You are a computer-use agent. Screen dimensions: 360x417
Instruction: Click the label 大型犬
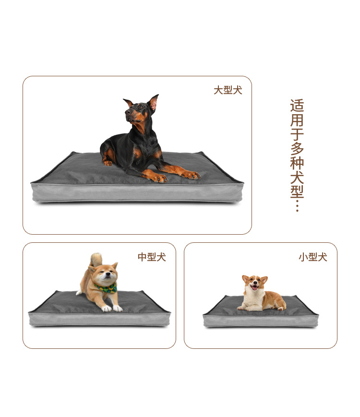tap(228, 90)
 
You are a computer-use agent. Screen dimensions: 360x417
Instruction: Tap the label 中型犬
tap(152, 257)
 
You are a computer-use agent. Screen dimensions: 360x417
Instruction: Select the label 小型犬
tap(312, 257)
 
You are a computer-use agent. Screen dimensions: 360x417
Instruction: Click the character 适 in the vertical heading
tap(297, 106)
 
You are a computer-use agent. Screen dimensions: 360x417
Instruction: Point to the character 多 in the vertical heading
tap(297, 148)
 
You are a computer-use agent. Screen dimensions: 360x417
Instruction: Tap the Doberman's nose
tap(127, 112)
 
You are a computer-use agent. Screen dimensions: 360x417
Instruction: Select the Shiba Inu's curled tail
tap(96, 259)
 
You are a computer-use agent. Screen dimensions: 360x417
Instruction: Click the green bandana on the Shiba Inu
tap(106, 288)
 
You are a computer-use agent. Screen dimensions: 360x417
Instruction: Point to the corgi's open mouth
tap(254, 287)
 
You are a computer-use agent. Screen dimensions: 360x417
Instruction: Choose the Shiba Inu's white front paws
tap(112, 308)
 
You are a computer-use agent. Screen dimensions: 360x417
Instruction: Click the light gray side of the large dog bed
tap(137, 193)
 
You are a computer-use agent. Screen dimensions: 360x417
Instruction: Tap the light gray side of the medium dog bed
tap(99, 320)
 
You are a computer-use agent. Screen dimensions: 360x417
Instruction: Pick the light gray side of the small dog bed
tap(261, 321)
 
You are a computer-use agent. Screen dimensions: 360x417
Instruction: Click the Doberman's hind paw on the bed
tap(108, 163)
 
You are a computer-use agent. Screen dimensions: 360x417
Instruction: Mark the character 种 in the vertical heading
tap(297, 163)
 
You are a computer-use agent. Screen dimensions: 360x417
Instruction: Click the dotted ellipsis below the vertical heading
tap(297, 206)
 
